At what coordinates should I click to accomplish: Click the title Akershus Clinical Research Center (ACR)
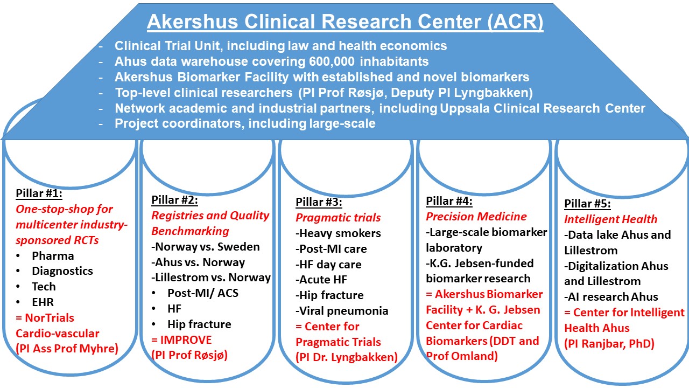[x=345, y=22]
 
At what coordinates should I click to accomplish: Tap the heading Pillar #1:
[x=39, y=193]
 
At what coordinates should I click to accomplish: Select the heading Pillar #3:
[x=319, y=202]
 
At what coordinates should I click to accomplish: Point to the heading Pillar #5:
[x=587, y=204]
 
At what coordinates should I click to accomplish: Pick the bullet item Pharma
[x=53, y=256]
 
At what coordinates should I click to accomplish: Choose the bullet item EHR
[x=43, y=302]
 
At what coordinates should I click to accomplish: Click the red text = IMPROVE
[x=181, y=339]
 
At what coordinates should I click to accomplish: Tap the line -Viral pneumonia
[x=342, y=311]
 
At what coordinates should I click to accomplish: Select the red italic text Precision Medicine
[x=476, y=217]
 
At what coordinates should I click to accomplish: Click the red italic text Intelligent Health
[x=610, y=219]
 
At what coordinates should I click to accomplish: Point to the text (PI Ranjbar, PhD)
[x=609, y=344]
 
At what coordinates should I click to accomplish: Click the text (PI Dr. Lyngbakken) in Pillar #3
[x=347, y=357]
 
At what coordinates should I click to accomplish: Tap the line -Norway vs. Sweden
[x=206, y=247]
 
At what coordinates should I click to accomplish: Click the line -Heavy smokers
[x=338, y=233]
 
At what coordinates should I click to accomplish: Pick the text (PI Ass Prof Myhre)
[x=67, y=349]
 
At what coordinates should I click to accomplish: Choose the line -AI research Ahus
[x=611, y=297]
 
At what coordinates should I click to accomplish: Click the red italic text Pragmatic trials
[x=338, y=218]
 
